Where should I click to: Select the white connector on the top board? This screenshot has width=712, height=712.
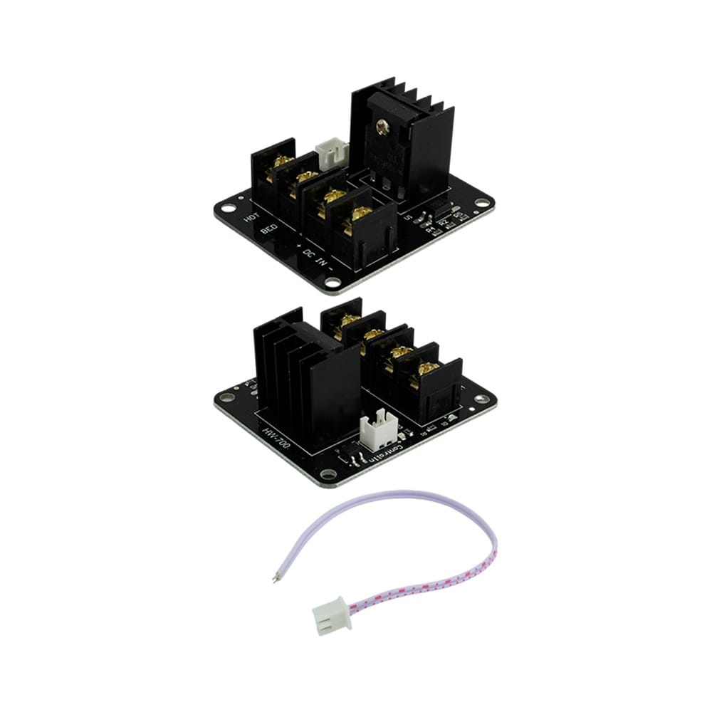pos(333,152)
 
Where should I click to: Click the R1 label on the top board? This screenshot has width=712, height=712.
pos(430,229)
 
